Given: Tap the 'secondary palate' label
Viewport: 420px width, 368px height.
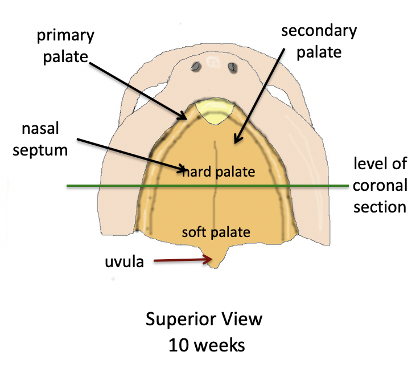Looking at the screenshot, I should [x=318, y=41].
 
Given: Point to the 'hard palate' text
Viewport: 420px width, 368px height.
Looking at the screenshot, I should [x=219, y=171].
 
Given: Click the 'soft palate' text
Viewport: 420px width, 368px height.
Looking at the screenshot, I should [x=216, y=232].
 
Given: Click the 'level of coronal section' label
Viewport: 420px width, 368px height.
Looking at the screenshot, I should [x=380, y=185].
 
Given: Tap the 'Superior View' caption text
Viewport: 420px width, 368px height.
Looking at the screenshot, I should [x=204, y=319].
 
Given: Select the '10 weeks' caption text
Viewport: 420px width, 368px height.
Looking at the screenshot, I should [x=204, y=344].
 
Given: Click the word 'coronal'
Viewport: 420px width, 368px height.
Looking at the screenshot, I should [x=380, y=185].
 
